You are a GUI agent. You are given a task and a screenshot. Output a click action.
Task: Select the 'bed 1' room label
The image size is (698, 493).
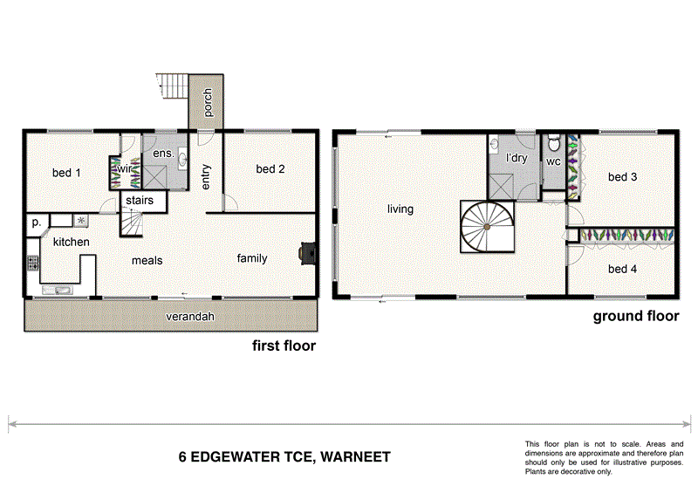66,173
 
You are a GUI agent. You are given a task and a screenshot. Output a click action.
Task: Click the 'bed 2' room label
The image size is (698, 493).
270,169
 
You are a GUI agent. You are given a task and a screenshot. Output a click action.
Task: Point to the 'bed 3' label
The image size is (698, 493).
622,177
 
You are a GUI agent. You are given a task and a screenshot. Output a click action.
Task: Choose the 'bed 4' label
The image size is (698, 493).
622,269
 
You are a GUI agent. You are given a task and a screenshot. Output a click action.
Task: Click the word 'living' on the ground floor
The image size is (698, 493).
400,209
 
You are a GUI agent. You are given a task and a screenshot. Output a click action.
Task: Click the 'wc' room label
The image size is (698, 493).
552,161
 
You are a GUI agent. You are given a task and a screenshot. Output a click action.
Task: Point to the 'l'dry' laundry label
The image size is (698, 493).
517,159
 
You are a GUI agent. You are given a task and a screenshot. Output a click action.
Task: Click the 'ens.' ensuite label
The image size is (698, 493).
162,154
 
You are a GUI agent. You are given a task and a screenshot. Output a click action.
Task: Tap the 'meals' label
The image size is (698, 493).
147,260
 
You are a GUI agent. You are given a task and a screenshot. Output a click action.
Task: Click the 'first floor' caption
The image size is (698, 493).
284,346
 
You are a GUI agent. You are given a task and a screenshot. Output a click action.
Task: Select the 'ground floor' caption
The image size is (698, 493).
635,316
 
